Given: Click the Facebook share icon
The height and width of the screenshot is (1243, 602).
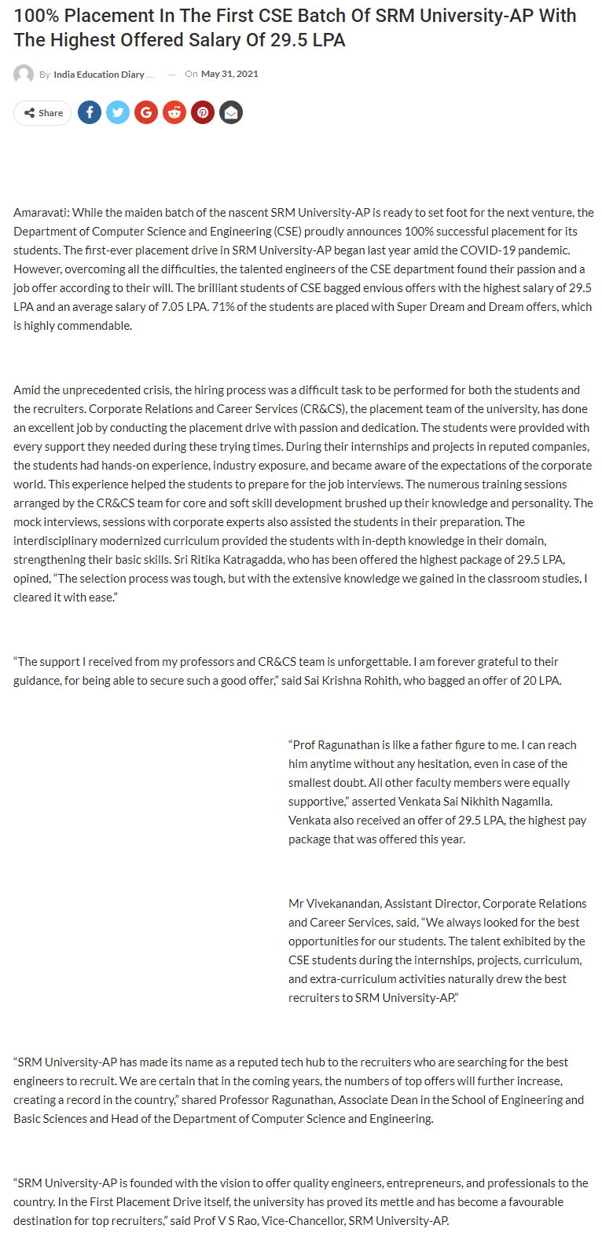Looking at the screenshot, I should click(x=90, y=113).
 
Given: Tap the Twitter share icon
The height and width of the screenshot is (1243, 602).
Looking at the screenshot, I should click(x=118, y=113).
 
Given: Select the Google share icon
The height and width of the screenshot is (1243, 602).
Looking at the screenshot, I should click(x=146, y=113).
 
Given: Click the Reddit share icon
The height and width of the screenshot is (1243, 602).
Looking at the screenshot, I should click(x=174, y=113).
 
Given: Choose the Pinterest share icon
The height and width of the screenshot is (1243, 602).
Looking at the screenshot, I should click(x=203, y=113).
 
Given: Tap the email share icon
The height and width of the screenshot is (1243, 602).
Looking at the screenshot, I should click(x=231, y=113).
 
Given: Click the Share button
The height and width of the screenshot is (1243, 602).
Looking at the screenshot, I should click(x=43, y=113).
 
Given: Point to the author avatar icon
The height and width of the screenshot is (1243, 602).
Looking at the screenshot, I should click(x=24, y=75).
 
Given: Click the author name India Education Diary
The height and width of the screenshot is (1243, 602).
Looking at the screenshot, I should click(x=99, y=75).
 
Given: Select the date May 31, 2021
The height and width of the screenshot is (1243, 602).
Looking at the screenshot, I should click(x=229, y=74).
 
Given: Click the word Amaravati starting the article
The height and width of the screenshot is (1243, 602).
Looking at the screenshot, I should click(x=40, y=213).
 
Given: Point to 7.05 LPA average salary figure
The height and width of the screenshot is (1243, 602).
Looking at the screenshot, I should click(x=184, y=307).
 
